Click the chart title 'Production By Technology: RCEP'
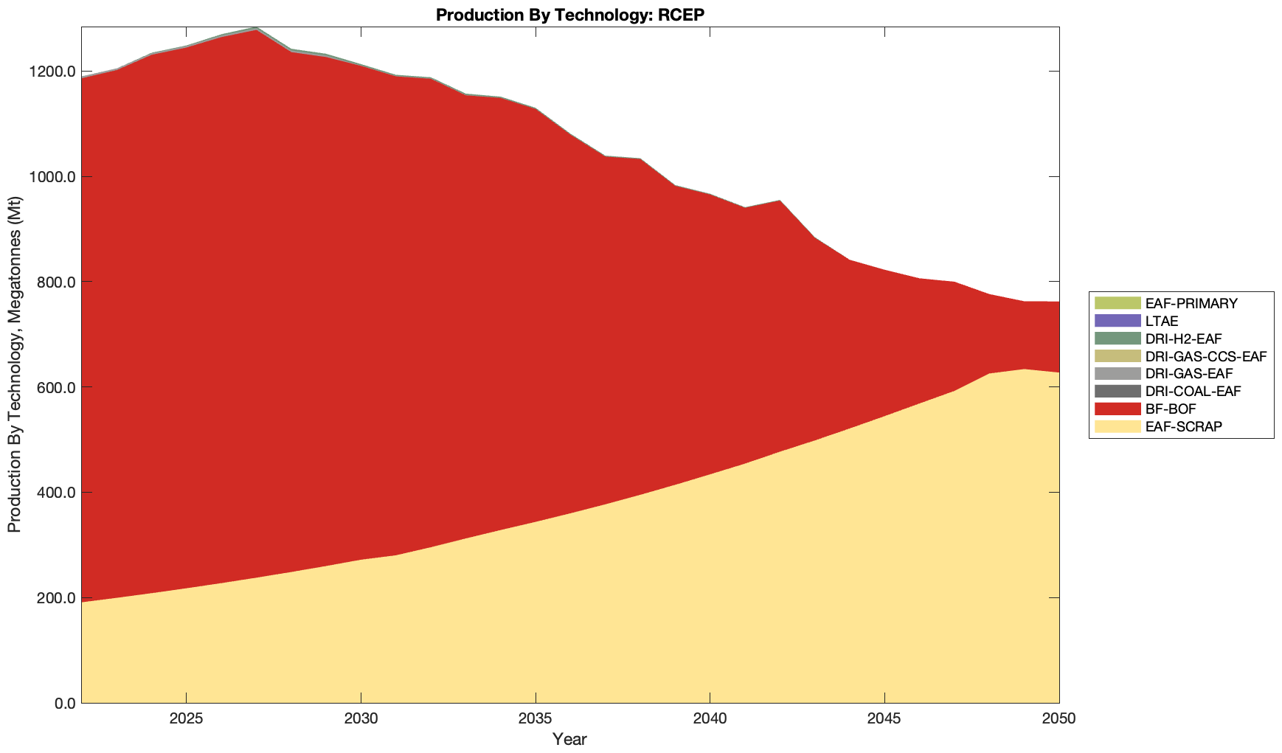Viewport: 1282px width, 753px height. pyautogui.click(x=569, y=14)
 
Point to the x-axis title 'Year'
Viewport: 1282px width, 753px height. pyautogui.click(x=569, y=739)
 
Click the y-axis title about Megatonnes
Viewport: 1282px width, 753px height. pyautogui.click(x=14, y=365)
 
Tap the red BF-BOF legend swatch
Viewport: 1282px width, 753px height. pyautogui.click(x=1117, y=409)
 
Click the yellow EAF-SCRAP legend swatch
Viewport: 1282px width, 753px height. pyautogui.click(x=1117, y=426)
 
